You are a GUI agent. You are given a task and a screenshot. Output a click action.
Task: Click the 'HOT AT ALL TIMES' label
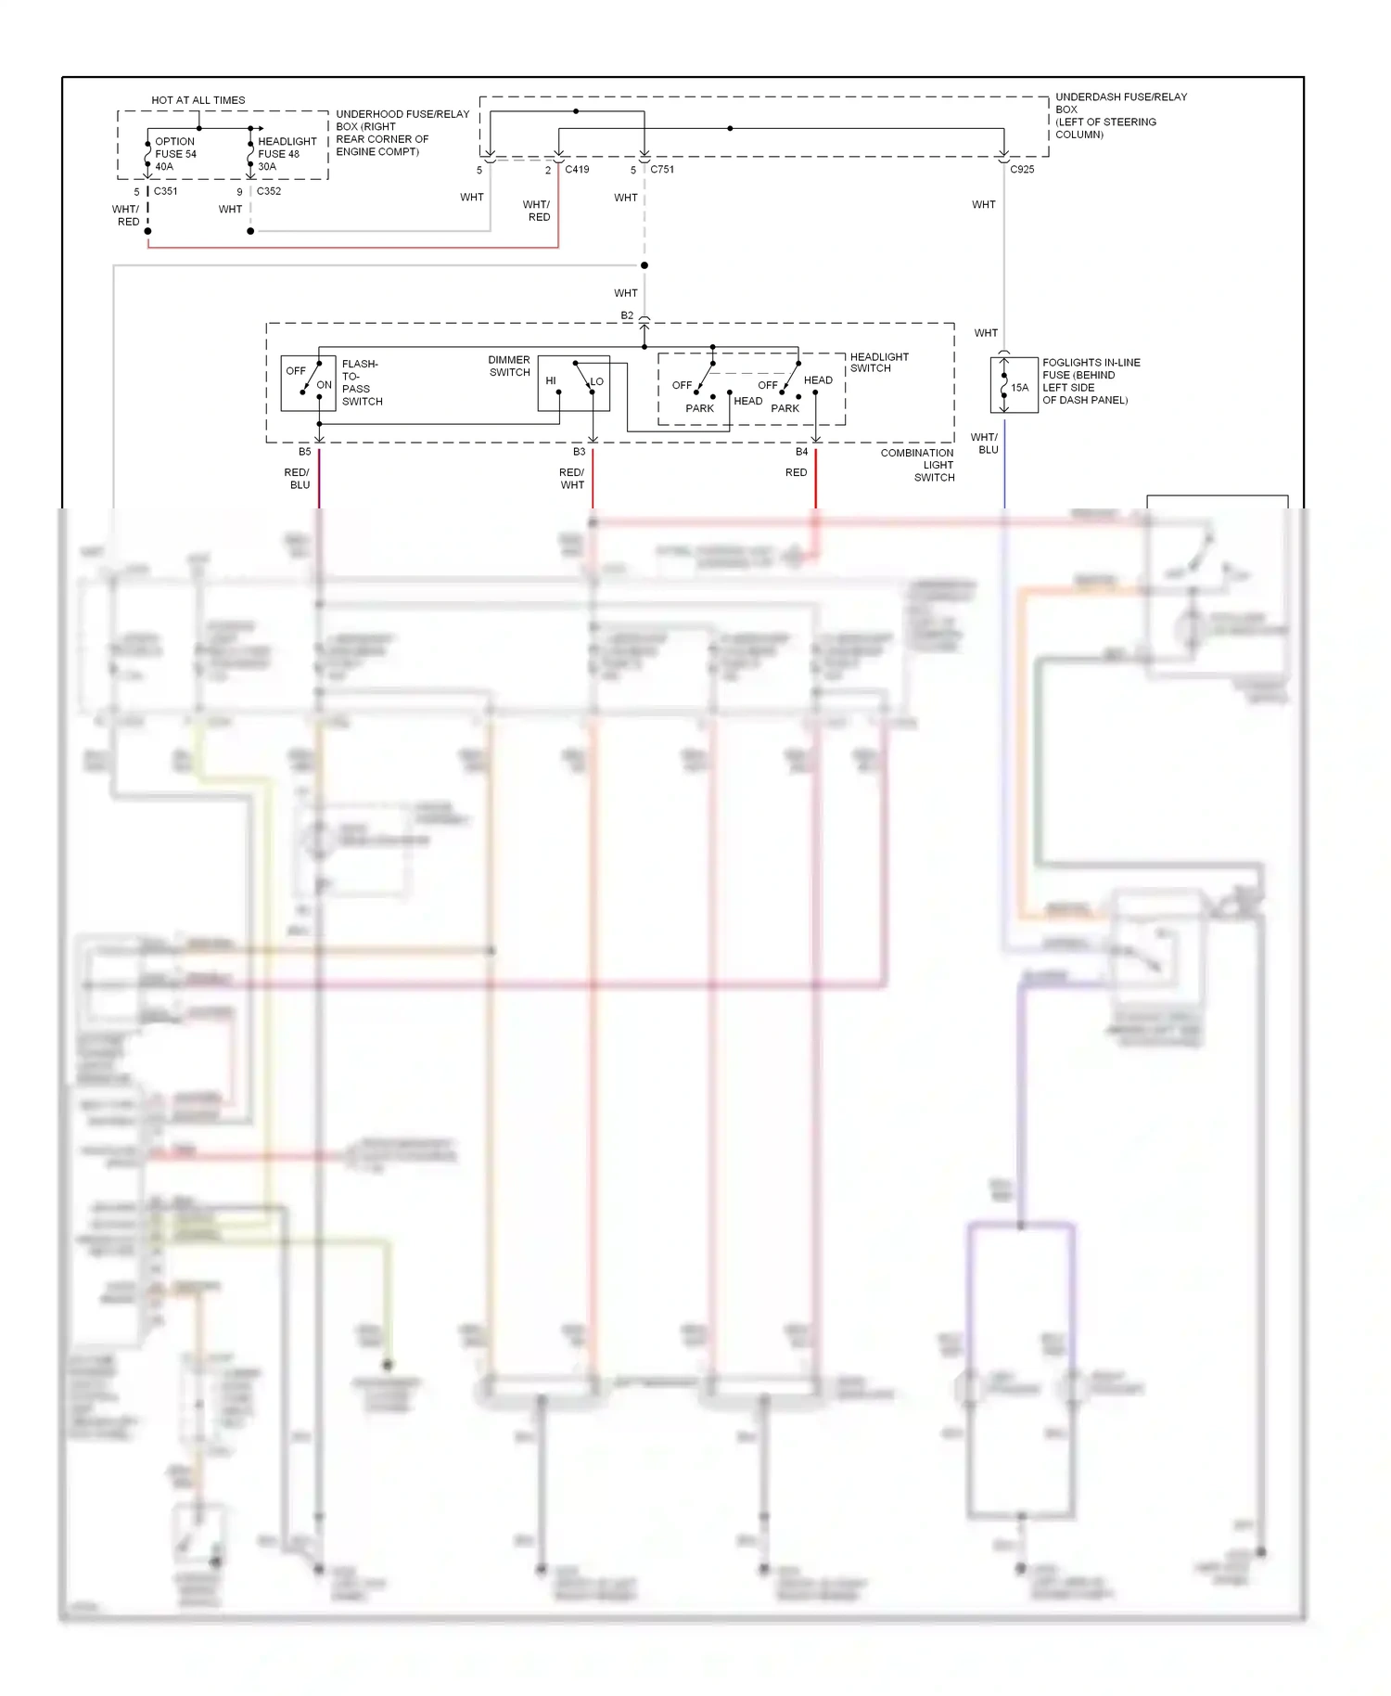[x=198, y=100]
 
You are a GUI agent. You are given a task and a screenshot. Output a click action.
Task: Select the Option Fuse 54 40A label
[x=175, y=154]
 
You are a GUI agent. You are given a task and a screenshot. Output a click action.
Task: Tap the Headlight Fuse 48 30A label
[x=287, y=154]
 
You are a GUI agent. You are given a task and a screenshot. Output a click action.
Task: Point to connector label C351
[x=165, y=191]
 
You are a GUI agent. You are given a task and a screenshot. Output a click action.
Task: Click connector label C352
[x=269, y=191]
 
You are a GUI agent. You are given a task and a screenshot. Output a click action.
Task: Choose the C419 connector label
[x=577, y=170]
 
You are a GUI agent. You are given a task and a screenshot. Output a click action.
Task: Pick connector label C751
[x=662, y=170]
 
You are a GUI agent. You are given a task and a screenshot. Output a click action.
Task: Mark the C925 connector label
[x=1022, y=170]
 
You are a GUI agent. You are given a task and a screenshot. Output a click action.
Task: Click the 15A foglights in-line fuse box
[x=1014, y=385]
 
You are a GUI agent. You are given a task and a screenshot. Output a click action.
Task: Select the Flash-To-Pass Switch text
[x=362, y=382]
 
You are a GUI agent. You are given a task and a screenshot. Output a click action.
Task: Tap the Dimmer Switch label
[x=509, y=366]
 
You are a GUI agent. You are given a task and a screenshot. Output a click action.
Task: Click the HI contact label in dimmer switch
[x=551, y=381]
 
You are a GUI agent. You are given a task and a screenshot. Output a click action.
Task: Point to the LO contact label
[x=597, y=381]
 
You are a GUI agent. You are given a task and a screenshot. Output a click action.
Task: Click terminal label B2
[x=627, y=315]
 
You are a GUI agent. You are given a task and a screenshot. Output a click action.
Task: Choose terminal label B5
[x=304, y=452]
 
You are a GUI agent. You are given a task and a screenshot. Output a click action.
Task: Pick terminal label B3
[x=579, y=452]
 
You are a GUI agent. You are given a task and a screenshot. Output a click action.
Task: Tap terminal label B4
[x=801, y=452]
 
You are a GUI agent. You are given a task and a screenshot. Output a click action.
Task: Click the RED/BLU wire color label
[x=298, y=479]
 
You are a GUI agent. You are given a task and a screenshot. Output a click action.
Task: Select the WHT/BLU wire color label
[x=985, y=443]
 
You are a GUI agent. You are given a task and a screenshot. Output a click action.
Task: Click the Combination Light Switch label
[x=918, y=465]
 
